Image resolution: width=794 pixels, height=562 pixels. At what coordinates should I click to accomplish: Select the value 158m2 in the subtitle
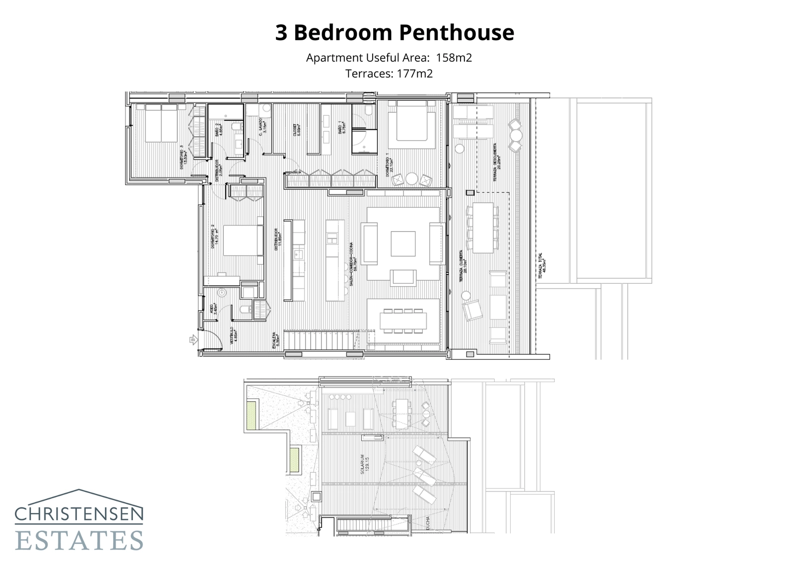tap(454, 58)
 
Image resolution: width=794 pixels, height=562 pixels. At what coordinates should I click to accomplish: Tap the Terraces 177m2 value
tap(414, 74)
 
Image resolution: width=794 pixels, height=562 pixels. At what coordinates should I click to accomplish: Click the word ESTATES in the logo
tap(79, 541)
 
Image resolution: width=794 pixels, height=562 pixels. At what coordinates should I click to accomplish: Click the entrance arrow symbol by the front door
tap(193, 340)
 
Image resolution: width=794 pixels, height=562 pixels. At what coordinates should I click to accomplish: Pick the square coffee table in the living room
tap(402, 243)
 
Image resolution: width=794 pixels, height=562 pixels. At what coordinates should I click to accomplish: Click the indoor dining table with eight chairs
tap(403, 321)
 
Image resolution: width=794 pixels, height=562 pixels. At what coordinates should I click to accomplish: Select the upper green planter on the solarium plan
tap(252, 416)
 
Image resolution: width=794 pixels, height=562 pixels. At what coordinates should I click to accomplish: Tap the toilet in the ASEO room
tap(244, 310)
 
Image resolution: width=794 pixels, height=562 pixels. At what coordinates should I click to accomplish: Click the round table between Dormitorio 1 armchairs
tap(412, 178)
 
